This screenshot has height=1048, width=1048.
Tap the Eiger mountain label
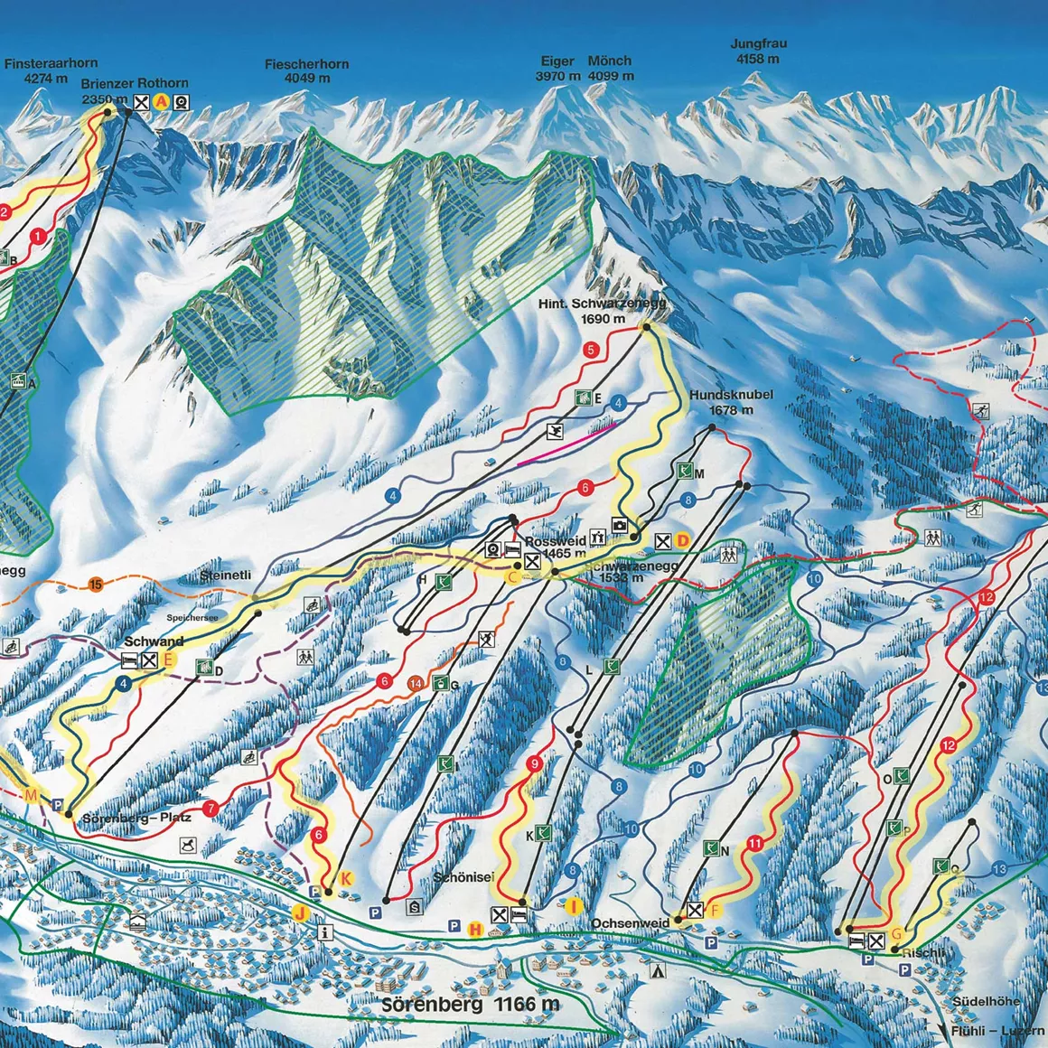click(557, 61)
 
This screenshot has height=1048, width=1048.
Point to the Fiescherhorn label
click(307, 64)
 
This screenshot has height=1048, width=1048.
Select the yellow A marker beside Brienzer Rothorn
click(161, 102)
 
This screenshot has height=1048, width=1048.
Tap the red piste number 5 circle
click(591, 350)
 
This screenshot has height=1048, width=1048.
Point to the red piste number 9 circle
click(535, 765)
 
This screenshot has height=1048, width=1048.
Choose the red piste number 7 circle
click(211, 809)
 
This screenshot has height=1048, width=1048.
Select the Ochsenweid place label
click(631, 923)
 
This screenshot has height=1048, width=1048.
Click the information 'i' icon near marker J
click(323, 932)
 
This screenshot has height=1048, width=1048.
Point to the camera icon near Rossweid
click(620, 524)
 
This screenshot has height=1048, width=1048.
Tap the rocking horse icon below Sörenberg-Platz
click(187, 845)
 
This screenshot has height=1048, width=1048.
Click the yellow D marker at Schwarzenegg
click(683, 540)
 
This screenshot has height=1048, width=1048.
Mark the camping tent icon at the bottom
click(659, 972)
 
